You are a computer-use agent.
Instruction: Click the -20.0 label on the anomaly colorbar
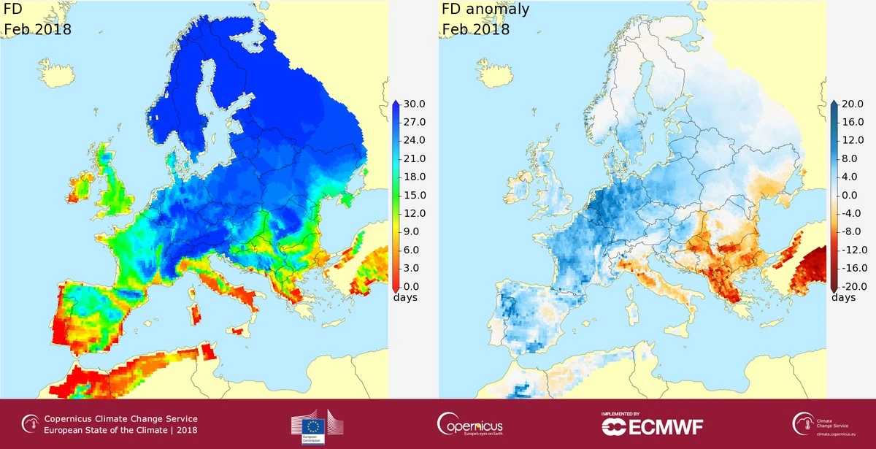point(851,286)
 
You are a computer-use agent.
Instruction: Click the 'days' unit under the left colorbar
point(406,297)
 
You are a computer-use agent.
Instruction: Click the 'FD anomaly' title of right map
point(485,10)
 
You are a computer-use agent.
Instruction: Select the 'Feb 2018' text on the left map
point(37,30)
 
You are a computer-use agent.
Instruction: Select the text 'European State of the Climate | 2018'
point(121,430)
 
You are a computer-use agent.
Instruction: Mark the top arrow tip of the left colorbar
point(394,101)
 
